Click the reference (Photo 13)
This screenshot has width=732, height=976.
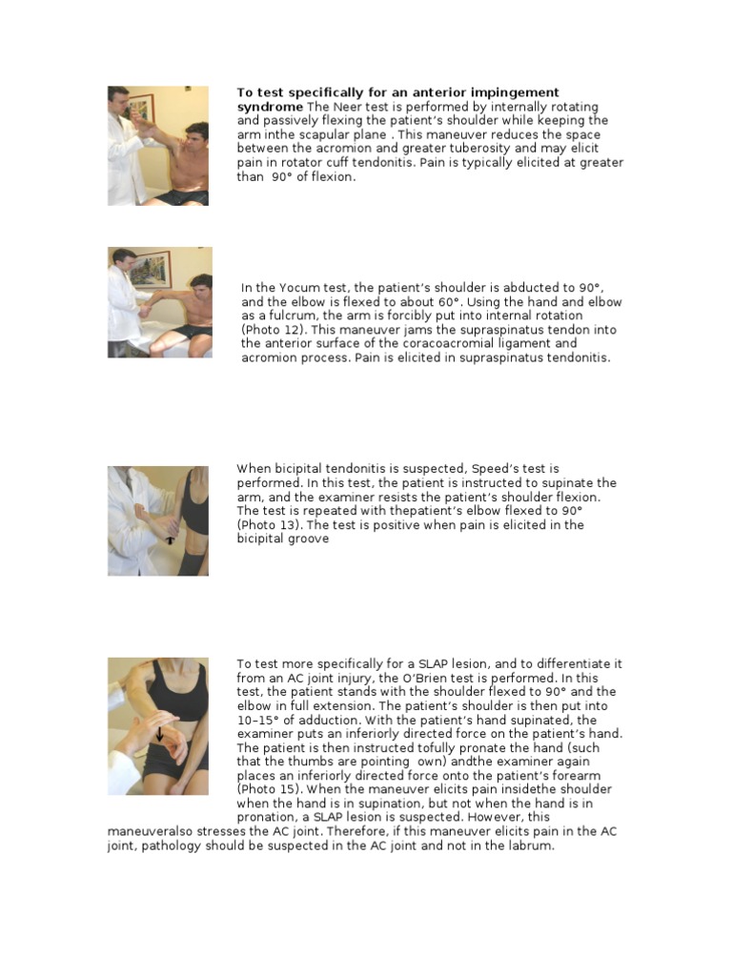[x=271, y=525]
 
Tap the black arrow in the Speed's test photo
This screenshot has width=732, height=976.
[x=169, y=539]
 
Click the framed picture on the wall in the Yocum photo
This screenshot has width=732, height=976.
[x=153, y=270]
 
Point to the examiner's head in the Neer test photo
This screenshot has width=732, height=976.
[x=119, y=97]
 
